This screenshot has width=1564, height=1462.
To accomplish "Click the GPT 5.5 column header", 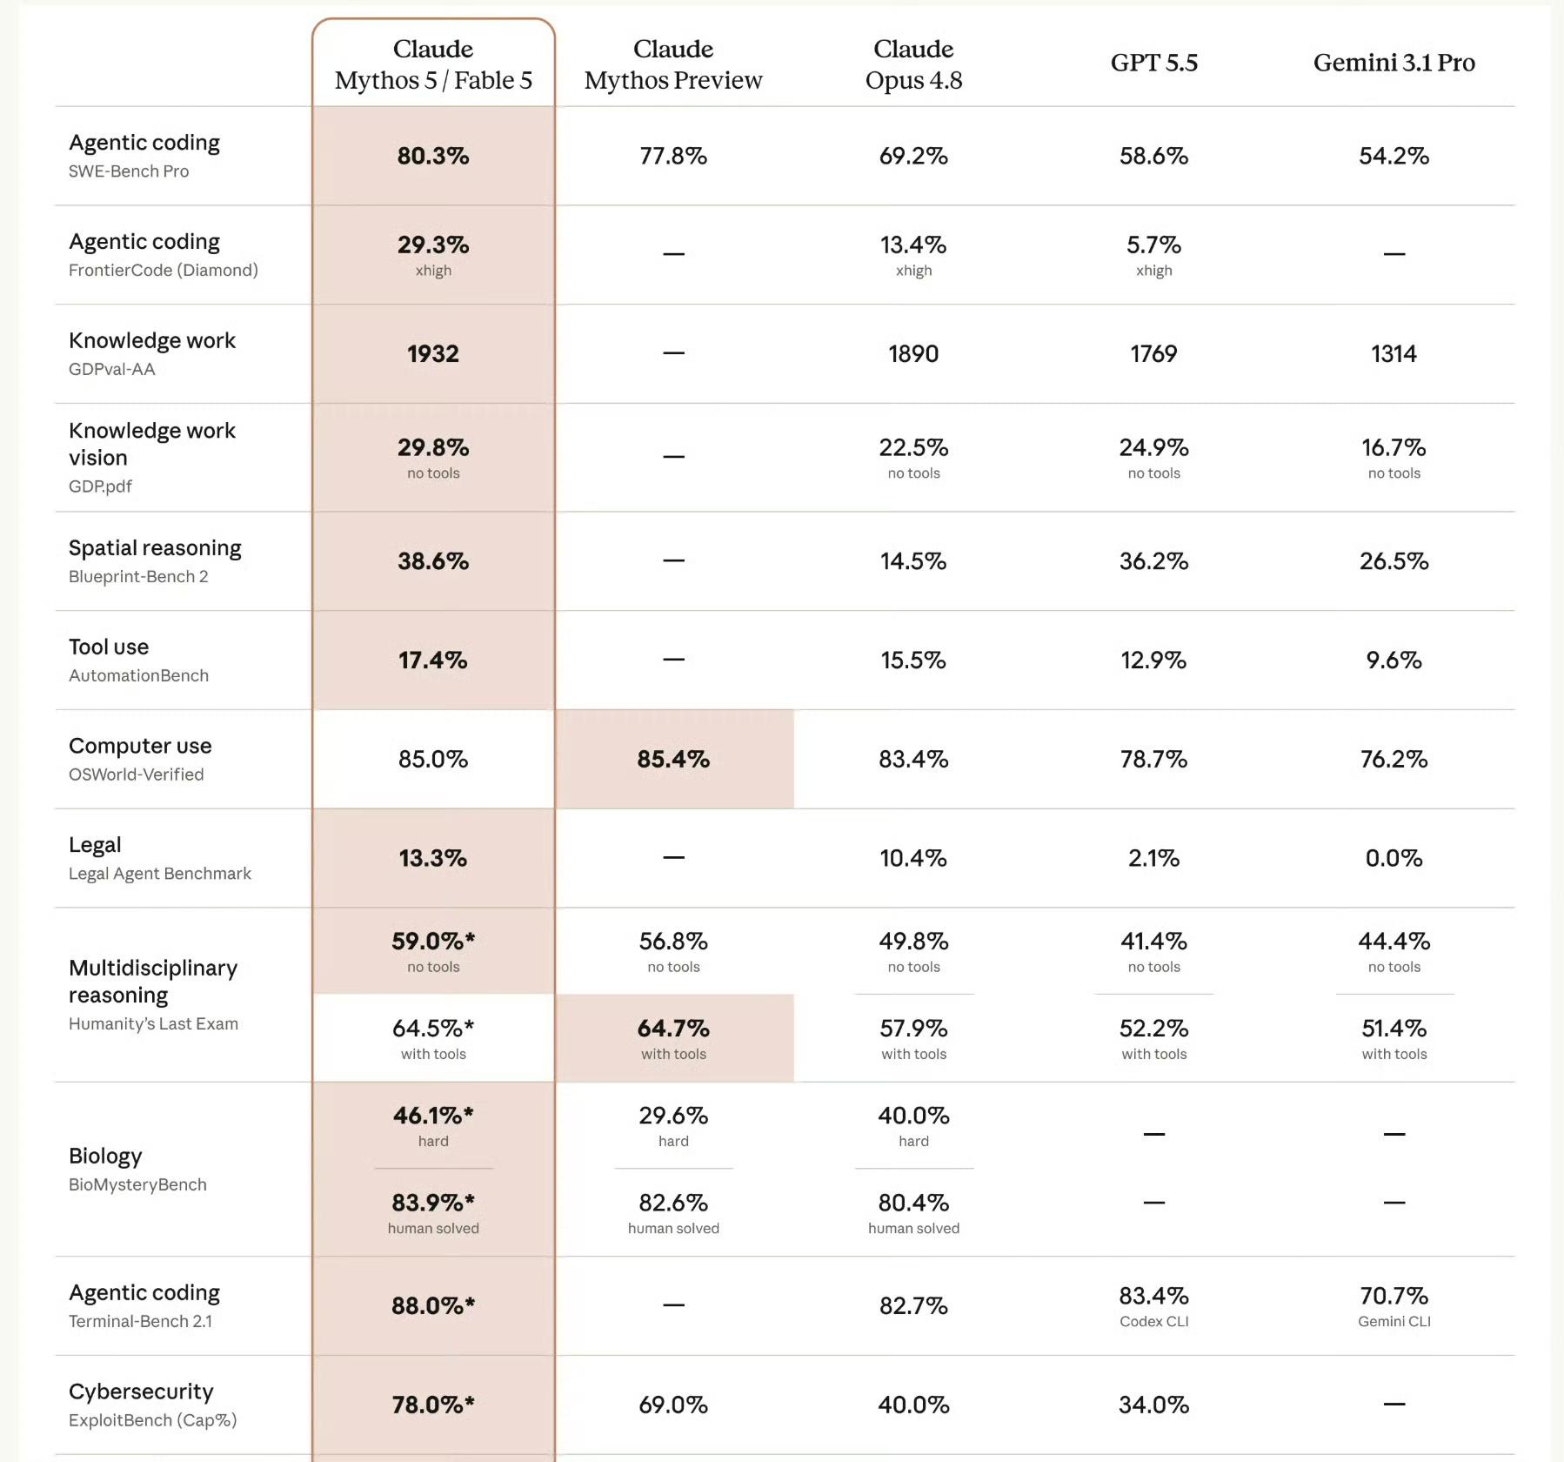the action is tap(1153, 63).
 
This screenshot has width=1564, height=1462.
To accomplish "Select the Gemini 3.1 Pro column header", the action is tap(1394, 63).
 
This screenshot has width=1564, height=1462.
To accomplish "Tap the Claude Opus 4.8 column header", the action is tap(913, 64).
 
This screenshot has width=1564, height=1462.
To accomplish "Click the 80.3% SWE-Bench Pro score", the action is tap(433, 156).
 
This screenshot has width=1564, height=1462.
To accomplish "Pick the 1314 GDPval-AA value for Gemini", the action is tap(1394, 353).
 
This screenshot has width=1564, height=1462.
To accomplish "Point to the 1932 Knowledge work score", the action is tap(433, 353).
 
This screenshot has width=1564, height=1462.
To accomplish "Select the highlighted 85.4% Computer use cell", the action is tap(673, 759).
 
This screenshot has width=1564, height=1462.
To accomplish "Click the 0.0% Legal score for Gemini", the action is tap(1394, 858).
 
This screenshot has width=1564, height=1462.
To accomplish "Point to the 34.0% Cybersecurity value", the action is tap(1153, 1405).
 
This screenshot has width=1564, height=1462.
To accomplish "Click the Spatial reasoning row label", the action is tap(155, 548).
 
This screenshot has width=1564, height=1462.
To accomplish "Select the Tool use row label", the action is tap(109, 647).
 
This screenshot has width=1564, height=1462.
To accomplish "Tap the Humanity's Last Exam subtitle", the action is tap(153, 1023).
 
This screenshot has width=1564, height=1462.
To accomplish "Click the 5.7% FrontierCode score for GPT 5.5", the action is tap(1153, 245).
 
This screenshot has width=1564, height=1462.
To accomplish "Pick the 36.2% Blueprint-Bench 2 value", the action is tap(1153, 561).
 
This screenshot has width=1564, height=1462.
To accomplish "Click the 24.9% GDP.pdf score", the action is tap(1153, 447).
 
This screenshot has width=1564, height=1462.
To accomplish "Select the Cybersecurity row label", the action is tap(141, 1392).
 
